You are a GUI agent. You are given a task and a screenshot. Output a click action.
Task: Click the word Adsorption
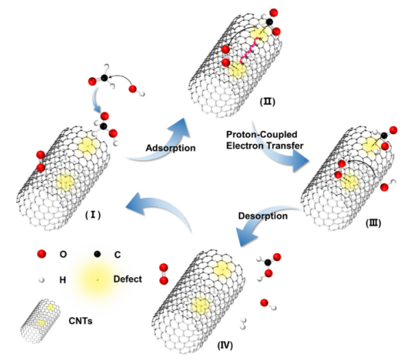pyautogui.click(x=170, y=148)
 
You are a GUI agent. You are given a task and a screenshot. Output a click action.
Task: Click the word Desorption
pyautogui.click(x=263, y=216)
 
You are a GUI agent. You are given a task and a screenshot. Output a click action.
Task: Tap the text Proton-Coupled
pyautogui.click(x=262, y=135)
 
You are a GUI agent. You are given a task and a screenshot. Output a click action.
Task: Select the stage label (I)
pyautogui.click(x=93, y=215)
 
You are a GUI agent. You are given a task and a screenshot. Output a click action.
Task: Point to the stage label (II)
pyautogui.click(x=267, y=102)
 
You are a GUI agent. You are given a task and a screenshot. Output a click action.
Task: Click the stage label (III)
pyautogui.click(x=373, y=223)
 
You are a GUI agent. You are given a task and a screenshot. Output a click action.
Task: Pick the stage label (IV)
pyautogui.click(x=225, y=345)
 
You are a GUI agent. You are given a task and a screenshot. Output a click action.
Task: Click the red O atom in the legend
pyautogui.click(x=41, y=254)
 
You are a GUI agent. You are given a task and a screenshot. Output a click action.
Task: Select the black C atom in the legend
pyautogui.click(x=98, y=254)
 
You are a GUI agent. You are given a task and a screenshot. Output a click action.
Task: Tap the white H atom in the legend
pyautogui.click(x=41, y=280)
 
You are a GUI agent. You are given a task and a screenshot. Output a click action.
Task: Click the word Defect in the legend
pyautogui.click(x=127, y=279)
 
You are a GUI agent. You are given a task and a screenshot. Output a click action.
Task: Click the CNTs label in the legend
pyautogui.click(x=80, y=321)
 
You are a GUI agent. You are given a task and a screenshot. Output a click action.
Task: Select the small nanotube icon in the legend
pyautogui.click(x=40, y=321)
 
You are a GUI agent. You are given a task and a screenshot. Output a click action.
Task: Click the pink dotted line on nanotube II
pyautogui.click(x=250, y=51)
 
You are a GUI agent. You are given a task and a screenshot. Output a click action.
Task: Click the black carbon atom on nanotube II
pyautogui.click(x=269, y=22)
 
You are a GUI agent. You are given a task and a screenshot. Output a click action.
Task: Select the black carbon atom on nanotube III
pyautogui.click(x=384, y=135)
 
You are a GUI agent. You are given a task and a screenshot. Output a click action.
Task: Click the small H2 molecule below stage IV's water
pyautogui.click(x=243, y=324)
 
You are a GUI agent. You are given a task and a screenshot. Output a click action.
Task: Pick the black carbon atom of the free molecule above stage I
pyautogui.click(x=104, y=78)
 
